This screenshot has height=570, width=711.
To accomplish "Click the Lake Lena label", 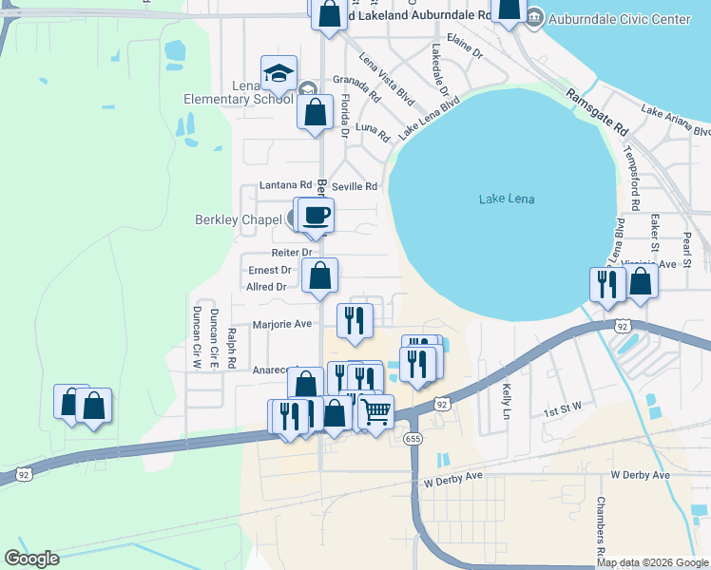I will pyautogui.click(x=507, y=199).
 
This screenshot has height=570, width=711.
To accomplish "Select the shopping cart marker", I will pyautogui.click(x=376, y=412).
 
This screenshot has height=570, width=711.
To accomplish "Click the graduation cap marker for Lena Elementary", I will pyautogui.click(x=279, y=72).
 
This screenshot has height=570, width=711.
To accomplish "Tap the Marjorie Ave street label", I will pyautogui.click(x=282, y=324).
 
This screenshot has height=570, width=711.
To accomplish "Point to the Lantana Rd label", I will pyautogui.click(x=285, y=185).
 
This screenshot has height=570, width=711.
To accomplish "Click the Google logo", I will pyautogui.click(x=31, y=558).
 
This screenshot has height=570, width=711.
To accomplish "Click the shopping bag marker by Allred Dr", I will pyautogui.click(x=321, y=275).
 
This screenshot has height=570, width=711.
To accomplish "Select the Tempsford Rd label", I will pyautogui.click(x=630, y=176).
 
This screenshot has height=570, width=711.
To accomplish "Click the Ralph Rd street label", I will pyautogui.click(x=231, y=348).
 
